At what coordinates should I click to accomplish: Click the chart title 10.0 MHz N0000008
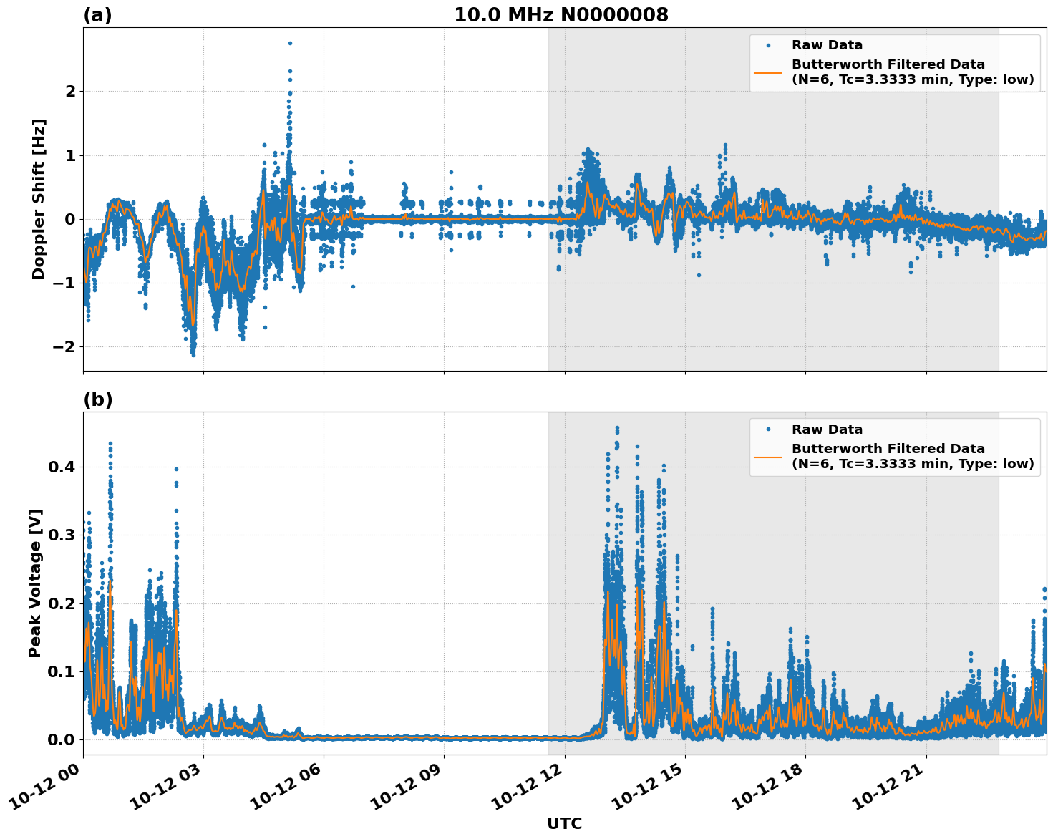561,15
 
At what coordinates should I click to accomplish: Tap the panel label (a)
97,15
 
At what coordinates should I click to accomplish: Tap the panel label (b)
97,399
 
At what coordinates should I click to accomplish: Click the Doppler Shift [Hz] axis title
39,199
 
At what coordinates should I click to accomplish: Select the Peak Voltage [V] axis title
35,583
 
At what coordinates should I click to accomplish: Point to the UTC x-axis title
564,823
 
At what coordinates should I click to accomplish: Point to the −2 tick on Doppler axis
65,346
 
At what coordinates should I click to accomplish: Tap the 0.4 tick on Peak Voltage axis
61,467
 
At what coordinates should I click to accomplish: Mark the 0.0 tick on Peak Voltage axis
61,739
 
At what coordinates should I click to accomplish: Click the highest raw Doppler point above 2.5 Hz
290,43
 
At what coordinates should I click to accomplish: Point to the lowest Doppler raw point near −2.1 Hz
193,354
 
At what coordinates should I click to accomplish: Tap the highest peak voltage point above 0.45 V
617,427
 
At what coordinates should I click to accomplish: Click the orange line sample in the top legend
768,72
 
